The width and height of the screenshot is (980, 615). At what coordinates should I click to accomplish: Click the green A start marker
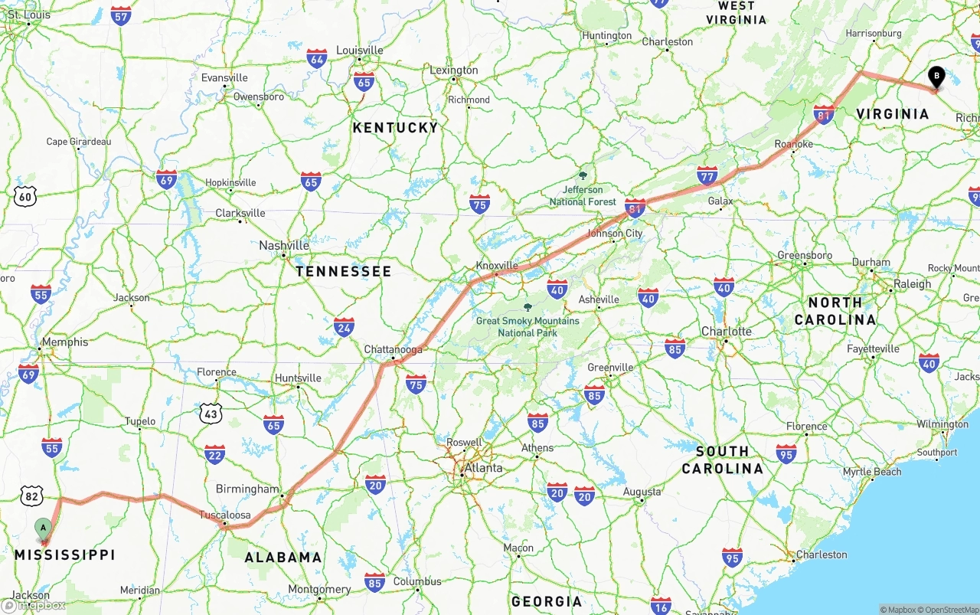(x=44, y=528)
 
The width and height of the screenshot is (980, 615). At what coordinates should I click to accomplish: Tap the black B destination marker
(x=936, y=77)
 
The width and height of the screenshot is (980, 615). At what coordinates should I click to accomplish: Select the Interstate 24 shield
(x=344, y=327)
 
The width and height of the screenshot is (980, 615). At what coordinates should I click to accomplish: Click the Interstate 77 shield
(x=707, y=175)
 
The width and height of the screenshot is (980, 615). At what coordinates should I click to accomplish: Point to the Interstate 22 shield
(x=214, y=454)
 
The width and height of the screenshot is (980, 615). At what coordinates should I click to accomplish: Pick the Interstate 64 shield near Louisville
(x=317, y=58)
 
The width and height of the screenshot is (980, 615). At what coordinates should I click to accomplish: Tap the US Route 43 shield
(x=211, y=414)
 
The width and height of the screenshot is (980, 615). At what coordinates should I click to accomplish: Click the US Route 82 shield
(x=31, y=496)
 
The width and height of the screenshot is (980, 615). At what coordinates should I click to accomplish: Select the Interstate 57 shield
(x=121, y=15)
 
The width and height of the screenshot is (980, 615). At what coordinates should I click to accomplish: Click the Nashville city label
(x=284, y=246)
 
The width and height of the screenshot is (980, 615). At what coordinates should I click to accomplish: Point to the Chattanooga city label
(x=393, y=350)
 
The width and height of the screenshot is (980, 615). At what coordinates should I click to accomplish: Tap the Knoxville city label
(x=497, y=266)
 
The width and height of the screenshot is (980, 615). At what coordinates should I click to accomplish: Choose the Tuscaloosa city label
(x=224, y=515)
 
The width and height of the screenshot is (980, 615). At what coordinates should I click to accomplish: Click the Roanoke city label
(x=793, y=144)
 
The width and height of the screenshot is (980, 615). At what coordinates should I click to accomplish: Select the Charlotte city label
(x=727, y=332)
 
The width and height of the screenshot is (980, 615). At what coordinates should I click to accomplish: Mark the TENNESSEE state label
(x=343, y=271)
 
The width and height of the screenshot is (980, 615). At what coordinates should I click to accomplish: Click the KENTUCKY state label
(x=396, y=128)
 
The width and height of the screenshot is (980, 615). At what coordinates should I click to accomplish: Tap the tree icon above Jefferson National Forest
(x=583, y=175)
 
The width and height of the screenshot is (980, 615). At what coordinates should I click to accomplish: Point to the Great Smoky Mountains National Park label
(x=528, y=326)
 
